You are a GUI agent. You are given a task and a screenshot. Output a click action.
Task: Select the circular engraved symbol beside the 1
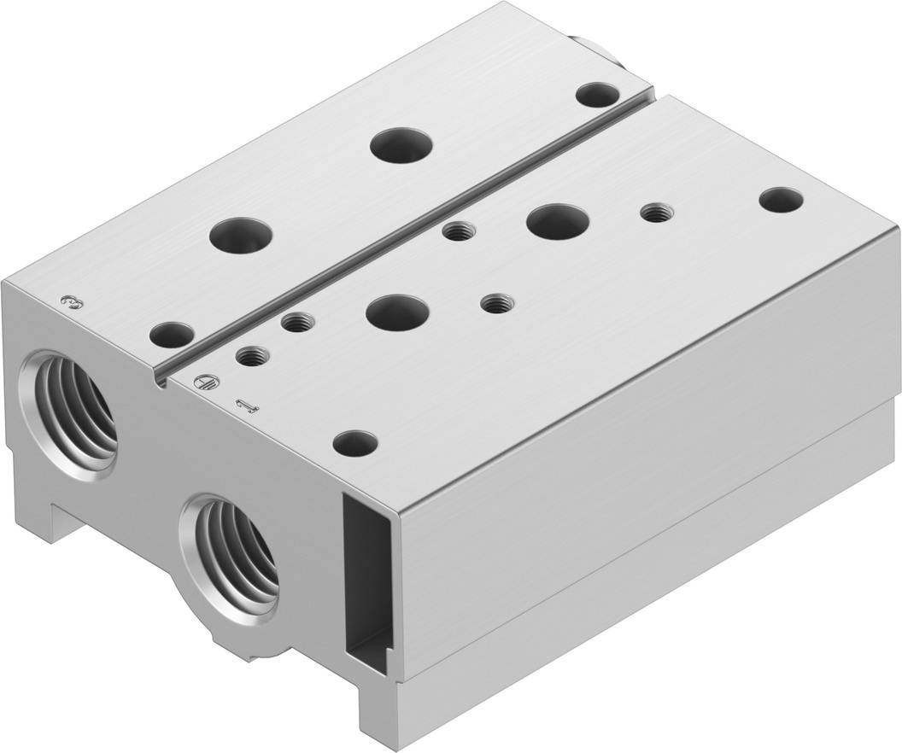(x=202, y=384)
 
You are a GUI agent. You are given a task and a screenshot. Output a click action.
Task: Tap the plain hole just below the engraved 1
(x=355, y=443)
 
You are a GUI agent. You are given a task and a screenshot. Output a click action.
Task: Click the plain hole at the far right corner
(x=781, y=201)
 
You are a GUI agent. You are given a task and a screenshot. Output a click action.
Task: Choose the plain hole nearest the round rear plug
(x=596, y=95)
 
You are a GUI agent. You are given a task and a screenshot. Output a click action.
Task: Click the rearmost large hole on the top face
(x=401, y=143)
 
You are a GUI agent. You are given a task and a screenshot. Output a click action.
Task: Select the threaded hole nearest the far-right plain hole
(x=655, y=213)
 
